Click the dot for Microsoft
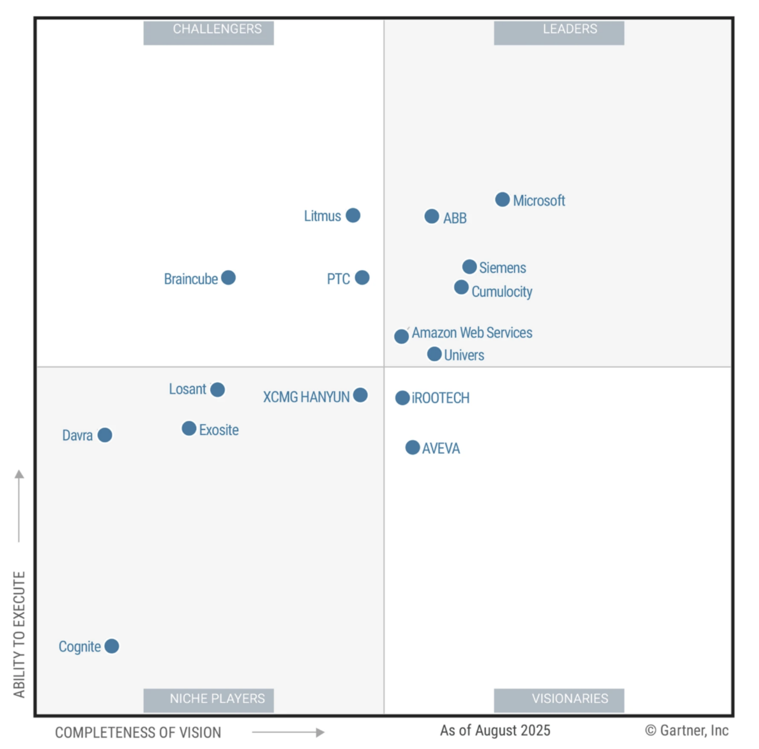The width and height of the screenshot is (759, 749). click(x=503, y=199)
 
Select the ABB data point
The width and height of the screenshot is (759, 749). click(x=431, y=216)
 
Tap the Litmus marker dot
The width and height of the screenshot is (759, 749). click(x=353, y=215)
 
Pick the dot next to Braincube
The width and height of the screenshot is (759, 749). click(x=228, y=278)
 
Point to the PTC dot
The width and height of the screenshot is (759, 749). click(x=362, y=278)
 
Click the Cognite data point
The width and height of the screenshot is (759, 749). click(x=112, y=646)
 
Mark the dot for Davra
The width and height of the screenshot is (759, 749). click(x=105, y=435)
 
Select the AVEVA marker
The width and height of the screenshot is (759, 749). click(x=412, y=448)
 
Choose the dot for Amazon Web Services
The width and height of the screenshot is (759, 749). click(x=401, y=336)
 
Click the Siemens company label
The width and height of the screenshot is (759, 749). click(x=503, y=268)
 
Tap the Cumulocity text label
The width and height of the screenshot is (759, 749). click(x=502, y=292)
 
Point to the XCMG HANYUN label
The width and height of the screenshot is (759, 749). click(x=306, y=397)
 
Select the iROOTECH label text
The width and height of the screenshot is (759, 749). click(x=440, y=398)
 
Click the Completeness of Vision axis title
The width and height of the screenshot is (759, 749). click(x=138, y=733)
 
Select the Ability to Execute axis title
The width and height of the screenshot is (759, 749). click(x=19, y=634)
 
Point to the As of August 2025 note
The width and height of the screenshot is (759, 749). click(x=495, y=730)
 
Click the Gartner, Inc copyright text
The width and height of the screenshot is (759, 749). click(x=687, y=730)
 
